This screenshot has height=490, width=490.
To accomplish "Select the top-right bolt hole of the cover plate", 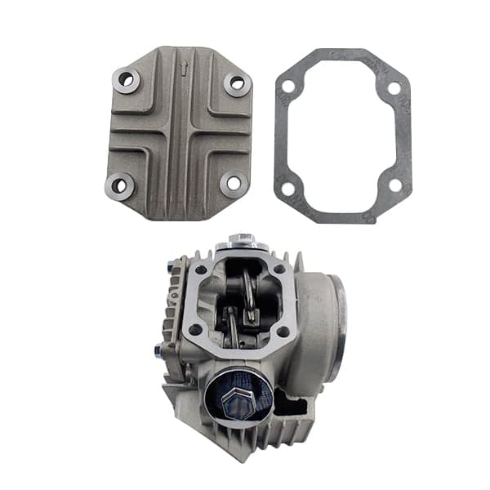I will [x=237, y=82].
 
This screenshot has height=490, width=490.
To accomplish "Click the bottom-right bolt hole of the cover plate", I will [x=234, y=183].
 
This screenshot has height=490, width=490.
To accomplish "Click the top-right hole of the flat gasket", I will [x=394, y=87].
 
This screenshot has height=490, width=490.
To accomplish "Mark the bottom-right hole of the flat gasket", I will [x=395, y=185].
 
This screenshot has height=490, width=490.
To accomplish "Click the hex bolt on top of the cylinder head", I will [x=242, y=240].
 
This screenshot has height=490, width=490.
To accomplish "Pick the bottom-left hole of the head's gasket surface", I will [x=196, y=329].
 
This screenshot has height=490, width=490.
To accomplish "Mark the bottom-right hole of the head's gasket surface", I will [x=283, y=332].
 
